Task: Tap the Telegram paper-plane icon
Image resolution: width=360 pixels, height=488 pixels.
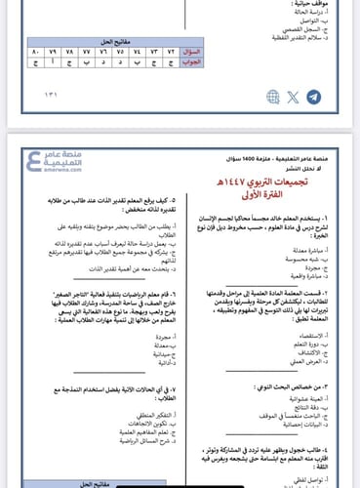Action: click(x=312, y=97)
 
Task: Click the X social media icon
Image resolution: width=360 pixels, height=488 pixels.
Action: click(x=294, y=97)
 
